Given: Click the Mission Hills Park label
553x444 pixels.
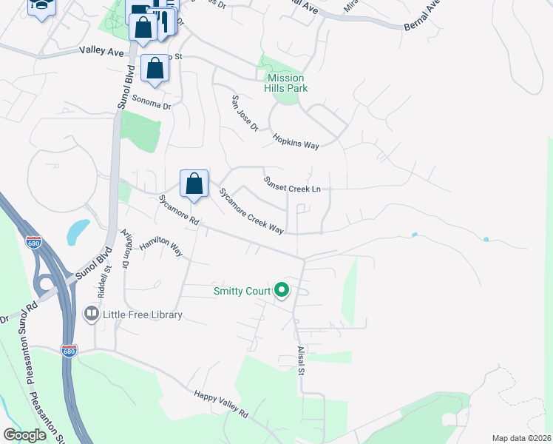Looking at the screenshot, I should click(286, 83).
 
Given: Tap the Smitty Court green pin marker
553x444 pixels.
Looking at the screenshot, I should click(282, 292).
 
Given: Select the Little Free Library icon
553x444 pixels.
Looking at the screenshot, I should click(92, 314).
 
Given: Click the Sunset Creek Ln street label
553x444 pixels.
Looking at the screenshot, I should click(292, 184).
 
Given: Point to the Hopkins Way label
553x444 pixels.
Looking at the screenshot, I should click(295, 141).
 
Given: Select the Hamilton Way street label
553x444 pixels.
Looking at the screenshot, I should click(161, 246).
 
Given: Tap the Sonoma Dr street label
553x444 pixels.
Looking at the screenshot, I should click(151, 105).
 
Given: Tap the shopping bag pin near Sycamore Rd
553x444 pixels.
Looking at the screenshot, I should click(194, 184).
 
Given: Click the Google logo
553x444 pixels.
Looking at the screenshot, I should click(24, 435).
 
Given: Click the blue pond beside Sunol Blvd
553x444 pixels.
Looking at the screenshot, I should click(77, 232).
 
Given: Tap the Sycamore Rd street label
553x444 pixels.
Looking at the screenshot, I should click(179, 211).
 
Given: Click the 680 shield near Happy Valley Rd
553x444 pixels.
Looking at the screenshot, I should click(69, 349).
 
